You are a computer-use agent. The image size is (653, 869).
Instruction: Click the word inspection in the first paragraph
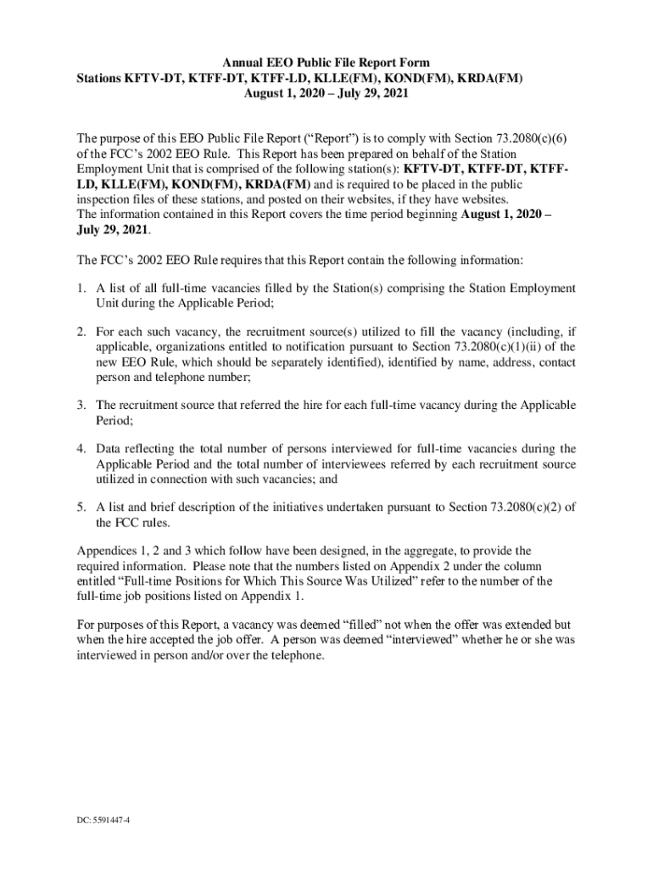106,199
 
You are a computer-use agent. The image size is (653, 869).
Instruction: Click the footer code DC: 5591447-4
101,821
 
